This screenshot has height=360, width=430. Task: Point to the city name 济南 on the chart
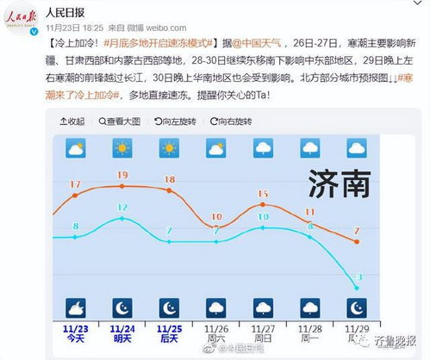[344, 182]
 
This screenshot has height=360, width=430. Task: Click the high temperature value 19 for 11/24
[122, 176]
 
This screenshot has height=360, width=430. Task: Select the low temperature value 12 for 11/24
[122, 208]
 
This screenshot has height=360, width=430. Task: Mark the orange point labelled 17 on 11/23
[76, 196]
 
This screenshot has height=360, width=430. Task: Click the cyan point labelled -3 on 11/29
[357, 288]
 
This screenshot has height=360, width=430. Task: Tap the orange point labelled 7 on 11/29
[357, 242]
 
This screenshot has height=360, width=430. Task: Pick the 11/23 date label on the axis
[76, 328]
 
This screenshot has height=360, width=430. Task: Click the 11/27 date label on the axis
[263, 328]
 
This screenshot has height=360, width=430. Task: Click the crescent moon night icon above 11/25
[169, 307]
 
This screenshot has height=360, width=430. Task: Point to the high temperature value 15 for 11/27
[263, 194]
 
